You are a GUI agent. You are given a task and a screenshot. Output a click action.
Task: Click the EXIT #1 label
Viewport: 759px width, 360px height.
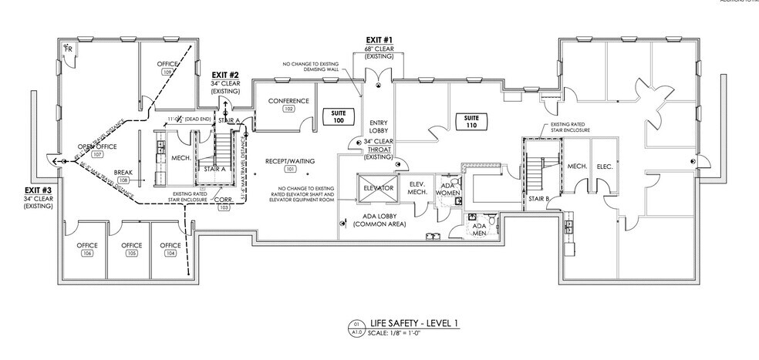pyautogui.click(x=379, y=39)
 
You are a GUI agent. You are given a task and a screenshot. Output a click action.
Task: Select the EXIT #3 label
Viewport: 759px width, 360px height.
pyautogui.click(x=38, y=190)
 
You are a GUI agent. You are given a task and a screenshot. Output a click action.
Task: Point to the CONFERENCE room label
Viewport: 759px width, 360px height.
pyautogui.click(x=288, y=101)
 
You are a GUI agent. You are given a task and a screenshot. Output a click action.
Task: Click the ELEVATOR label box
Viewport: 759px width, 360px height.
pyautogui.click(x=379, y=188)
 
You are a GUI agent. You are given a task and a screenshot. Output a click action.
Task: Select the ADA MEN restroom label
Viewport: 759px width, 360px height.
pyautogui.click(x=478, y=228)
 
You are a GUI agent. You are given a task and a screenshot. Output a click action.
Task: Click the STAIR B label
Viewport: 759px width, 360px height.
pyautogui.click(x=538, y=198)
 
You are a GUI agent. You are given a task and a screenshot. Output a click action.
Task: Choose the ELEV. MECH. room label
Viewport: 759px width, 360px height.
pyautogui.click(x=419, y=188)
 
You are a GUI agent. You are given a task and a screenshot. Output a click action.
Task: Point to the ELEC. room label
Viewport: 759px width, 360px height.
pyautogui.click(x=605, y=167)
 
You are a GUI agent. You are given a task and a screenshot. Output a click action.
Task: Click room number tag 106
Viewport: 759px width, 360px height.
pyautogui.click(x=87, y=254)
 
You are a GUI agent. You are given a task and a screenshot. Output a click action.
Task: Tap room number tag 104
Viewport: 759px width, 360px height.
pyautogui.click(x=170, y=254)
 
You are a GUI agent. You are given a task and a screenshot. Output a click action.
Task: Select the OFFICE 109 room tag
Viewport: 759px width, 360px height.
pyautogui.click(x=167, y=71)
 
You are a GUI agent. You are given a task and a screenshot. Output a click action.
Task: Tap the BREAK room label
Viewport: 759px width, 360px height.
pyautogui.click(x=123, y=173)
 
